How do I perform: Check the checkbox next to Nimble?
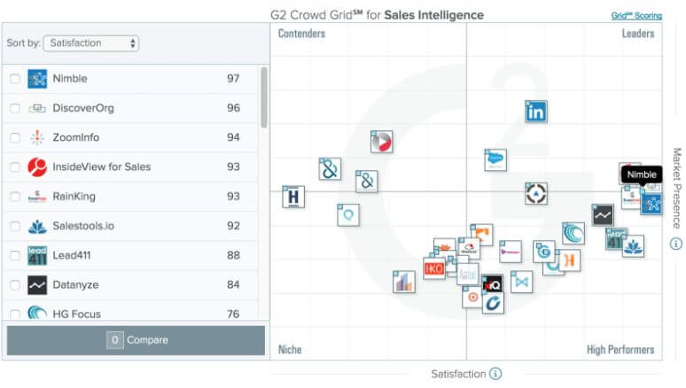click(15, 79)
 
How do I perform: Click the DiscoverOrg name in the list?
click(83, 108)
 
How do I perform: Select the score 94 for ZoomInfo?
click(233, 137)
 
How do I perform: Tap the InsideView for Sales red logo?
click(37, 167)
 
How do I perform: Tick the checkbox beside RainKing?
click(15, 197)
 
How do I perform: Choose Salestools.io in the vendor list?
click(83, 226)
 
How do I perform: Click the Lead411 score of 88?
click(233, 255)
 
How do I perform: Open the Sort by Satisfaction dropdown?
click(92, 43)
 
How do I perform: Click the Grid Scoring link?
click(635, 15)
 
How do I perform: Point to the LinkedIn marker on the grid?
click(535, 112)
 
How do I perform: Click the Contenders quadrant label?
click(301, 34)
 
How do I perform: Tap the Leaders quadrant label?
click(637, 34)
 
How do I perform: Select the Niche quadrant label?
click(290, 349)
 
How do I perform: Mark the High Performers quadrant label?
click(620, 349)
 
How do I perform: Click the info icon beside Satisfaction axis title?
click(495, 374)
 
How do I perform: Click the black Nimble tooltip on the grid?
click(642, 175)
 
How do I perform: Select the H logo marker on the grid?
click(293, 197)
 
